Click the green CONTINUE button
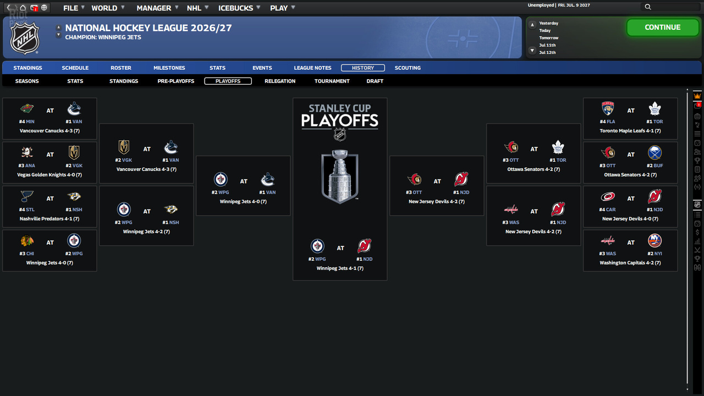(x=663, y=28)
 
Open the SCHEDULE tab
(x=75, y=68)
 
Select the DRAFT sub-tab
(x=375, y=81)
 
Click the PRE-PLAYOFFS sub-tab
(x=175, y=81)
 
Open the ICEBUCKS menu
(x=236, y=8)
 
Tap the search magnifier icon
(x=648, y=7)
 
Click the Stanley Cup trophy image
(x=340, y=176)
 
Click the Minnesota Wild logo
(x=27, y=109)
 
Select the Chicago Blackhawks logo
(x=27, y=241)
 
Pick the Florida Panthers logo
(x=608, y=109)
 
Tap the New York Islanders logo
(x=654, y=241)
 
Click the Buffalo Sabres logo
(x=654, y=153)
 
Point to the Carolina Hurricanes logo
(x=608, y=197)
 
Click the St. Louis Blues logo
(x=27, y=197)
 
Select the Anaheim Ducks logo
(x=27, y=153)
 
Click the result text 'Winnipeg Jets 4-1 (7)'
(x=340, y=268)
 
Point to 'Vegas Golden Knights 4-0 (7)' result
(x=50, y=175)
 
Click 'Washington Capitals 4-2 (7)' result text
(x=630, y=263)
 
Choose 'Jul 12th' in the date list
(x=547, y=52)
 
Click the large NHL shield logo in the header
(x=25, y=38)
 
